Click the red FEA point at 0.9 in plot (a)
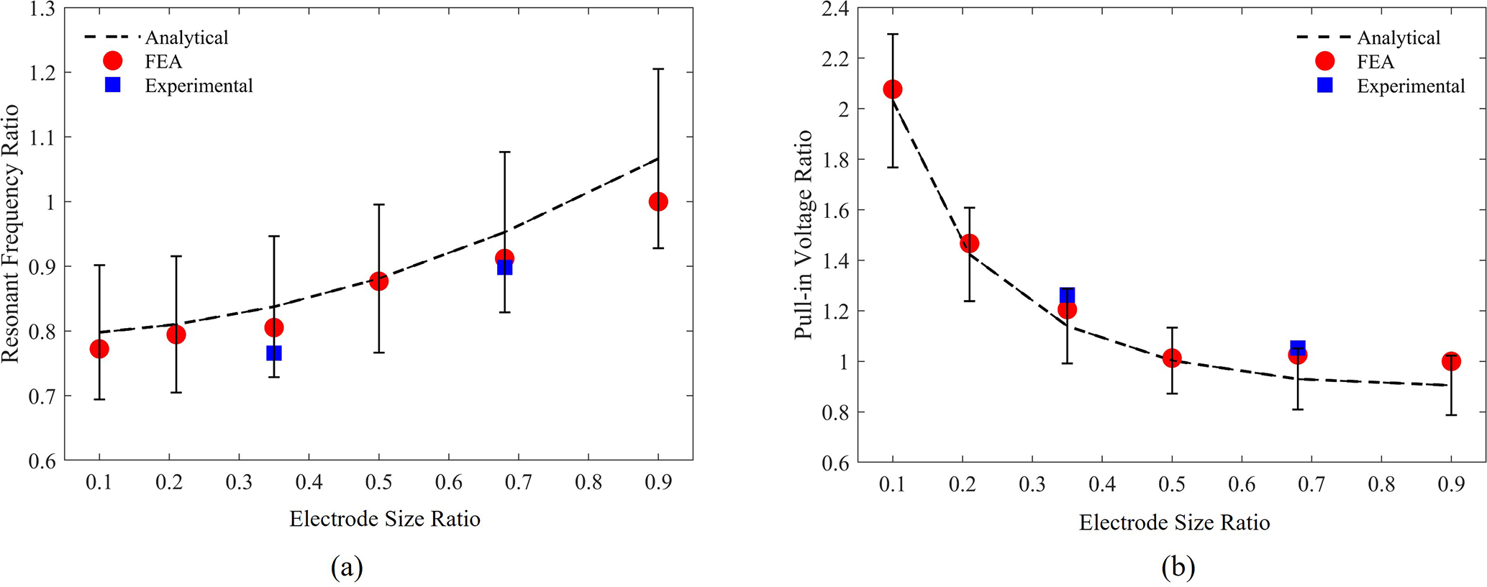point(658,202)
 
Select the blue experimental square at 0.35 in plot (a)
point(273,353)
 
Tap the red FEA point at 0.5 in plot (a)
point(378,281)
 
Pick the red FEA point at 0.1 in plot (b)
point(893,89)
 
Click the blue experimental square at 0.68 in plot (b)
point(1297,347)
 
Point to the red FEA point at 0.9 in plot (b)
point(1451,361)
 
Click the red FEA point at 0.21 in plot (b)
point(969,243)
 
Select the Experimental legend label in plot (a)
point(199,86)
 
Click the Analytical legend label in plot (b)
point(1399,37)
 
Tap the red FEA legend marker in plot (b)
point(1324,62)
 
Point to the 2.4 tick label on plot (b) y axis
point(835,9)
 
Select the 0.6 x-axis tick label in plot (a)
point(448,483)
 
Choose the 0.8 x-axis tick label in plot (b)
point(1381,484)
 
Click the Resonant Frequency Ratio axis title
point(11,234)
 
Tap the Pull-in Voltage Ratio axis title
point(804,235)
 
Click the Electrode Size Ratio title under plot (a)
point(385,519)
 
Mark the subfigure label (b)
point(1178,568)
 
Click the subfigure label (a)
point(347,568)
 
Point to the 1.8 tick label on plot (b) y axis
point(835,160)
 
